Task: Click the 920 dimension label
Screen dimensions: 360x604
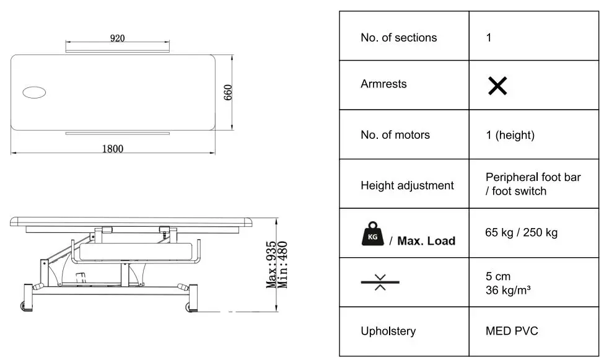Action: pos(118,38)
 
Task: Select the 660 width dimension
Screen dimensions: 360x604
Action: pos(227,92)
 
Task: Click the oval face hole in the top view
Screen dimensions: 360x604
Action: pos(34,93)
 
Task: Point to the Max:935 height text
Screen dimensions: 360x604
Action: pos(271,265)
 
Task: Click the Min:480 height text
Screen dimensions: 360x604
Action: pos(283,265)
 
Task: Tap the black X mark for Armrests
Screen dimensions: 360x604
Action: pos(497,86)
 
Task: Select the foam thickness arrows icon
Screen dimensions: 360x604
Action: pos(380,282)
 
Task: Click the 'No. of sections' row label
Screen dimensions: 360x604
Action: pos(398,38)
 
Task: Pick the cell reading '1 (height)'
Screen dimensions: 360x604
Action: pos(510,135)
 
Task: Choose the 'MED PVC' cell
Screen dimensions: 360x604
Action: pos(512,331)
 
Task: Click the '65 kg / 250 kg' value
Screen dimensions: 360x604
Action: pos(522,232)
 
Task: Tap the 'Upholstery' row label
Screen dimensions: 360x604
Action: pos(388,331)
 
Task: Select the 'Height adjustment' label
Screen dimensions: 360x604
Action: pos(407,185)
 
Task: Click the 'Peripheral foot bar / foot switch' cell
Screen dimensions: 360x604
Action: pos(533,184)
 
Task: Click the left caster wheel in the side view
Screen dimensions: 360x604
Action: pos(24,306)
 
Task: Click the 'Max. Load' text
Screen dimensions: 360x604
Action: pos(426,241)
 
